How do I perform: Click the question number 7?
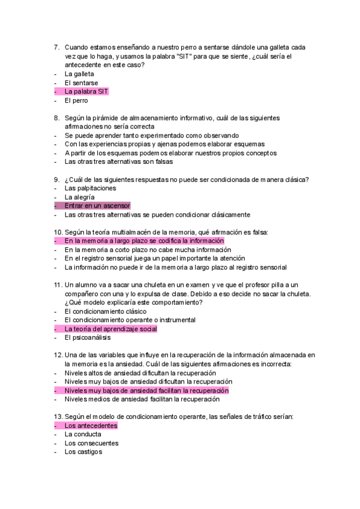pos(56,47)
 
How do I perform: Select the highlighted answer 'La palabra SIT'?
pos(86,91)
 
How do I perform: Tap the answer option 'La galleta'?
pos(79,73)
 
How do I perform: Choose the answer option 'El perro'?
pos(76,100)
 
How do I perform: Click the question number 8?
pos(56,118)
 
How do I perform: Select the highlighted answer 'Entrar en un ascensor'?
pos(97,206)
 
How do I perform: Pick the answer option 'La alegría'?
pos(79,197)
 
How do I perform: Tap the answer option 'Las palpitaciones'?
pos(90,188)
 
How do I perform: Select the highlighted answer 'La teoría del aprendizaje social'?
pos(110,329)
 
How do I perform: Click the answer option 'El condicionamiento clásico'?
pos(106,312)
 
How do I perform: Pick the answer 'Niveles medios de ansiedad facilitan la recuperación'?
pos(142,399)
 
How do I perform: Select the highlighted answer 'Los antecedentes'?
pos(91,426)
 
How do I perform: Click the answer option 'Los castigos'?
pos(83,452)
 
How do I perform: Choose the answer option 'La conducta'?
pos(82,434)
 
